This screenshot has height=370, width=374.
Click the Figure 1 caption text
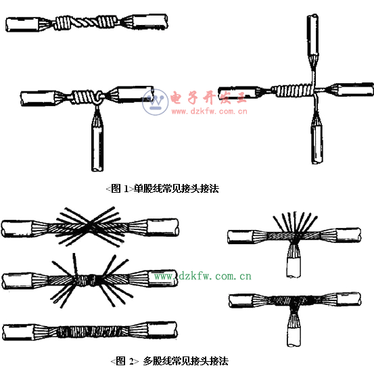click(162, 189)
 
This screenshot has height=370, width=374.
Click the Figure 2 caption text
click(169, 361)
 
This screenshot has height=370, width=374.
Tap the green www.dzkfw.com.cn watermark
click(202, 276)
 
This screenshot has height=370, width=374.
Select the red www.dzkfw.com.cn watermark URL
click(209, 111)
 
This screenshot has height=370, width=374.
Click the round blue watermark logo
click(155, 102)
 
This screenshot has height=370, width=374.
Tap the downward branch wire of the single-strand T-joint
click(97, 139)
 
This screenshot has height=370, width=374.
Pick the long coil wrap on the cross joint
click(293, 91)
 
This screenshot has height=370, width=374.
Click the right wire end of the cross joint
click(350, 89)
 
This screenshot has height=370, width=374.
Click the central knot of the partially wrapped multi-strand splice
click(86, 279)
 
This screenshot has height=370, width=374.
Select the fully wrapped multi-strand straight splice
click(90, 331)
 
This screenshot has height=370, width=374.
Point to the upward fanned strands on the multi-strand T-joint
click(295, 222)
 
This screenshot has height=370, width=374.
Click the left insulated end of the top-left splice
click(23, 24)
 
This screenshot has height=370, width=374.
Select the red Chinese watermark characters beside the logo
click(208, 97)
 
